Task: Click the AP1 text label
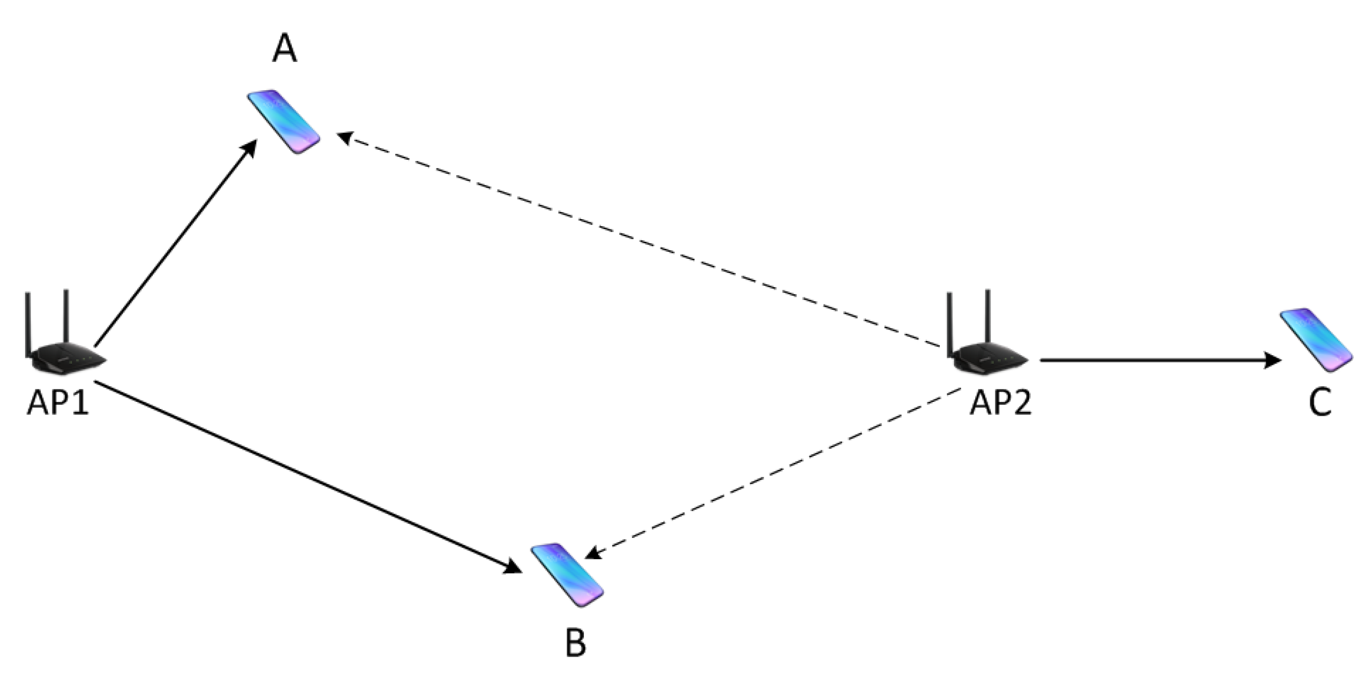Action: [x=58, y=405]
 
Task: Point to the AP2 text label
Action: [x=1001, y=405]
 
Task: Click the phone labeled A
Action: [x=284, y=122]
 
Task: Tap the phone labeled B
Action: [x=567, y=575]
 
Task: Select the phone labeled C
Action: [x=1316, y=340]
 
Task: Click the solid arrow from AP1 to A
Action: [x=175, y=244]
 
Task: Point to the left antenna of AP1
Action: [x=27, y=323]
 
